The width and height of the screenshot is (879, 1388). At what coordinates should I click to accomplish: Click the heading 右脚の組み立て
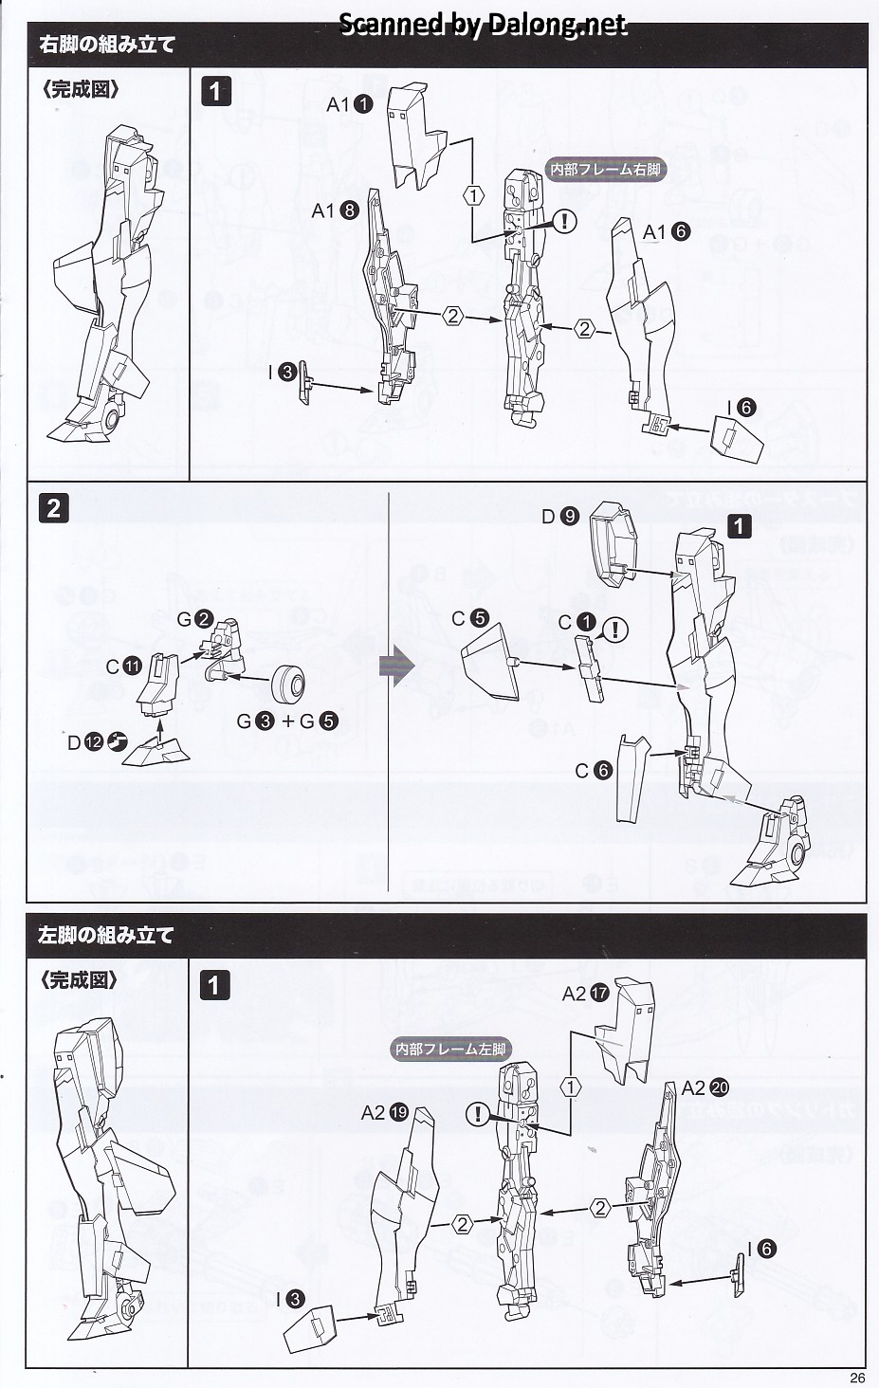pos(106,45)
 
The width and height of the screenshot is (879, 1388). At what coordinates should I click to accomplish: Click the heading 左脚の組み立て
pos(106,935)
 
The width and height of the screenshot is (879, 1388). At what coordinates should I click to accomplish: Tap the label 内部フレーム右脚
pos(606,169)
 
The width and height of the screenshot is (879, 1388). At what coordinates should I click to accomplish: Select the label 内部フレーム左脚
pos(450,1049)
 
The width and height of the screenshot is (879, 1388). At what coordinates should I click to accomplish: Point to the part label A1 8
pos(335,210)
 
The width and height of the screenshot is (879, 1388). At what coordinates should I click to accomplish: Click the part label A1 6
pos(667,231)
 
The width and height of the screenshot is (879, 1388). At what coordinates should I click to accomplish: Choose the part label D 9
pos(560,516)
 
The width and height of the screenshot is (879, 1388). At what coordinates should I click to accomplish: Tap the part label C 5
pos(470,618)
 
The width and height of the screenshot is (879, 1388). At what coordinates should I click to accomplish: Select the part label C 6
pos(594,770)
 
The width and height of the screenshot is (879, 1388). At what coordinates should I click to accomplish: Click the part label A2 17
pos(586,994)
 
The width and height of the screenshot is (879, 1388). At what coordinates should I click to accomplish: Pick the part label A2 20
pos(705,1087)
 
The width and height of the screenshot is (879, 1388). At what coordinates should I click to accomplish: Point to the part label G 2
pos(195,619)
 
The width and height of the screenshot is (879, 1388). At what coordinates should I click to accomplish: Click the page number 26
pos(857,1378)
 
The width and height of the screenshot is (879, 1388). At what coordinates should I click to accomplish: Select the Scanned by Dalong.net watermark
pos(483,24)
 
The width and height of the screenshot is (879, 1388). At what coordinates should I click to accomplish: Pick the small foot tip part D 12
pos(156,750)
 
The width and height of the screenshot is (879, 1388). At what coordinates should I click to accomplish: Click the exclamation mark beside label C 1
pos(615,630)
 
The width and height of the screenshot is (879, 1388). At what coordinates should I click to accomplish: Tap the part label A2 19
pos(384,1113)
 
